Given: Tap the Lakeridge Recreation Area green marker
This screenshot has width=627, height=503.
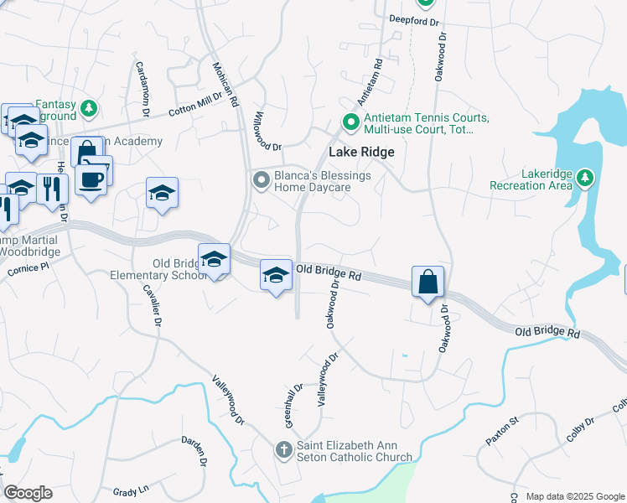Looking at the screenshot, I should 585,178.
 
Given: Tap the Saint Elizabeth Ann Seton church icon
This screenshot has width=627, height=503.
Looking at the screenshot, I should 284,450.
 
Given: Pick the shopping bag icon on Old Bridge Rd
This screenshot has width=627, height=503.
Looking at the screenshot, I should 427,283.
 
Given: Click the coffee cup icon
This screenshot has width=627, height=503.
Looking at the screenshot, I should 91,178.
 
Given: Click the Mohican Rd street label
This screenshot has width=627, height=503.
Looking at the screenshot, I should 227,84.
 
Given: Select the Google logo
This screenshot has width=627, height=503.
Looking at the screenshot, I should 28,493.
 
